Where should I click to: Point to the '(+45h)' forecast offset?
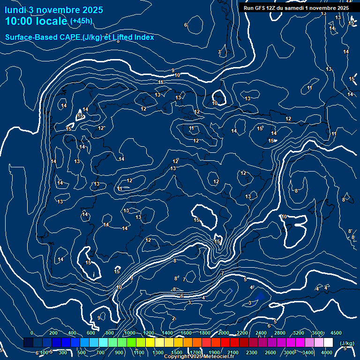click(x=81, y=21)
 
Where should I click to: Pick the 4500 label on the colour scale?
click(x=336, y=333)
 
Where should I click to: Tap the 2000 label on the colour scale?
click(x=224, y=333)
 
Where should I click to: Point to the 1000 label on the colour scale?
click(x=130, y=333)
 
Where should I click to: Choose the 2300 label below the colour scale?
click(x=252, y=352)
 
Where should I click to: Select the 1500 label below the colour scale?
click(x=177, y=352)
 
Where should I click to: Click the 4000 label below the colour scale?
click(x=327, y=352)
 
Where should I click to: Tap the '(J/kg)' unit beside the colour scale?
click(x=347, y=343)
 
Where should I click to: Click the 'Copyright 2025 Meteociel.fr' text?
click(x=199, y=357)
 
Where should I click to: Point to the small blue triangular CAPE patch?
click(x=260, y=295)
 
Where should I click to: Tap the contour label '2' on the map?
click(x=173, y=319)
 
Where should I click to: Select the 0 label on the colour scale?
click(x=31, y=333)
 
